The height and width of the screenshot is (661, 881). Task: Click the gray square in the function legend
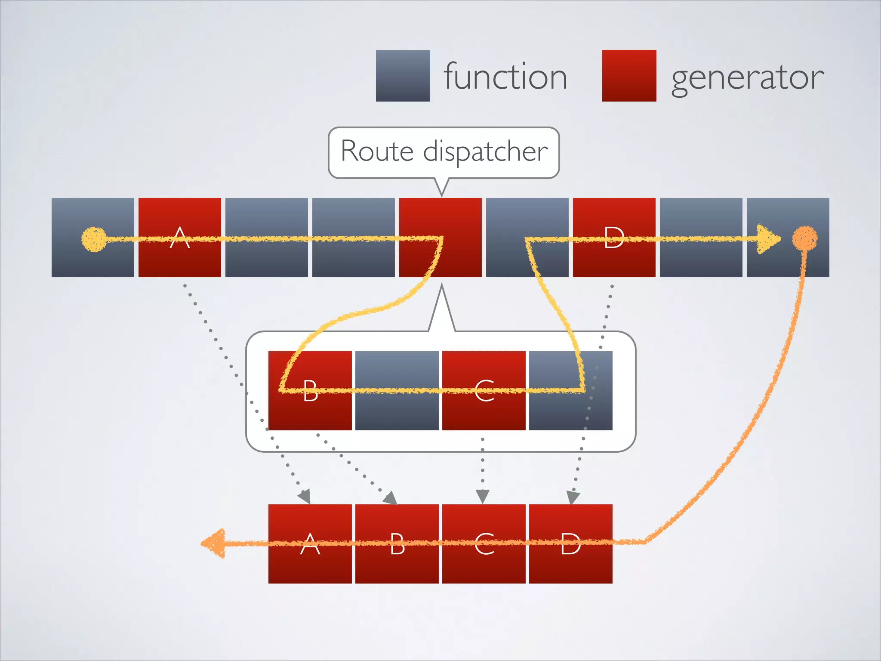coord(403,76)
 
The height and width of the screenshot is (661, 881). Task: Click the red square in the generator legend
coord(629,76)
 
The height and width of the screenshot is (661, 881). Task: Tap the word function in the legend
coord(505,77)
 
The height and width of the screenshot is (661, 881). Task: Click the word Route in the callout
coord(377,151)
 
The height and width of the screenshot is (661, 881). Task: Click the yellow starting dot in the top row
coord(94,239)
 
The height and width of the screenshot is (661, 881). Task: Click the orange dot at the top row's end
coord(804,238)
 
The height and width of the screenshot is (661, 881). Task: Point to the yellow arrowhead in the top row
coord(768,239)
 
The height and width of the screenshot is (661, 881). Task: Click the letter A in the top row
coord(180,238)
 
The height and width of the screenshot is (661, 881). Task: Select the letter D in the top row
coord(614,238)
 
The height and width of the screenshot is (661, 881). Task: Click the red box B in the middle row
coord(310,390)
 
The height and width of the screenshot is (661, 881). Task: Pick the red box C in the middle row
coord(484,390)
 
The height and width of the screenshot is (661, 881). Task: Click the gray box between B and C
coord(397,390)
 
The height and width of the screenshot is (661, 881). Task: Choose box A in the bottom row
coord(310,544)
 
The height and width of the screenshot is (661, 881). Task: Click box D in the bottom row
coord(570,544)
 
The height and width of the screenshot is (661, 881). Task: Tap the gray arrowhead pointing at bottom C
coord(483,496)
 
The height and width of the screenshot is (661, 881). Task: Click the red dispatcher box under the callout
coord(440,238)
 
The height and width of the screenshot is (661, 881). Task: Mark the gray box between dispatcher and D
coord(527,238)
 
